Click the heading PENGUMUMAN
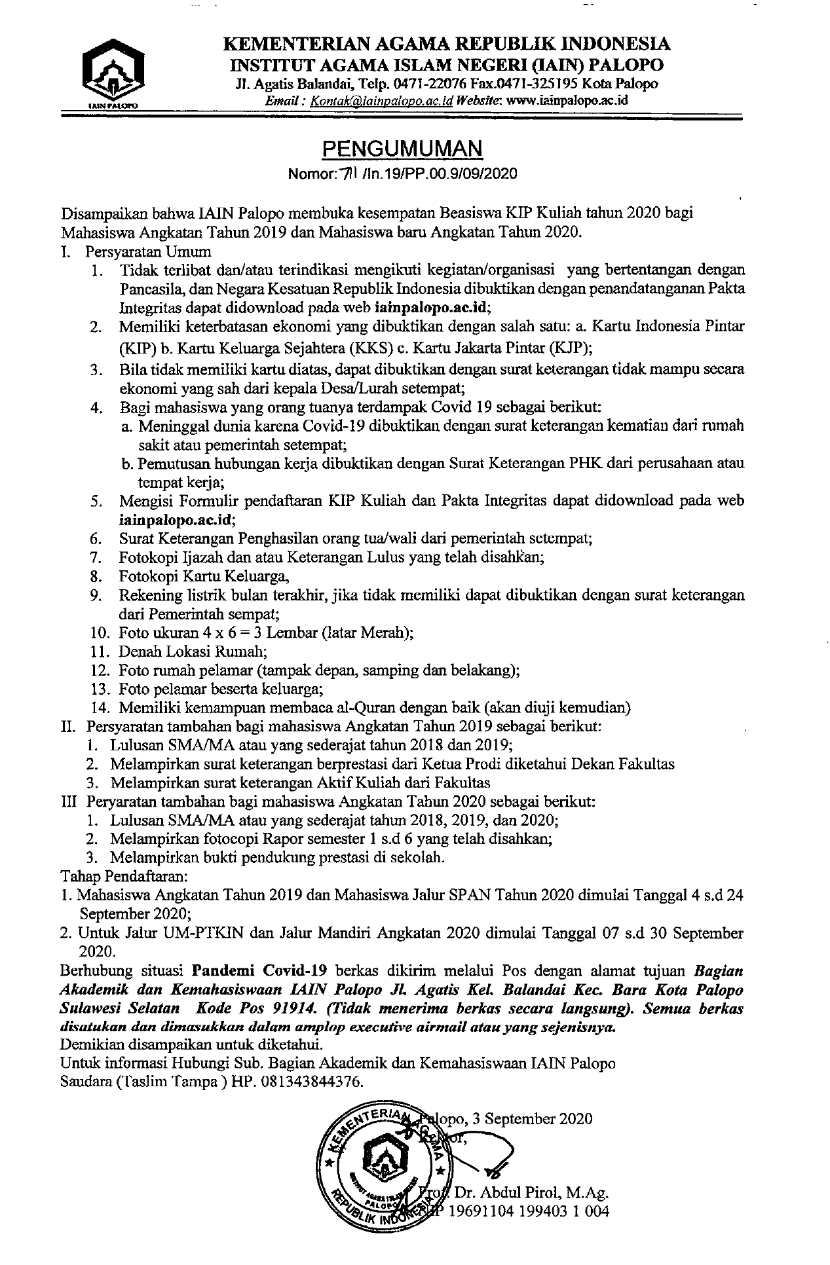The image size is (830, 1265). [x=402, y=149]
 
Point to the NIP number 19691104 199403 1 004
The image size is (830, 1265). [x=528, y=1211]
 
